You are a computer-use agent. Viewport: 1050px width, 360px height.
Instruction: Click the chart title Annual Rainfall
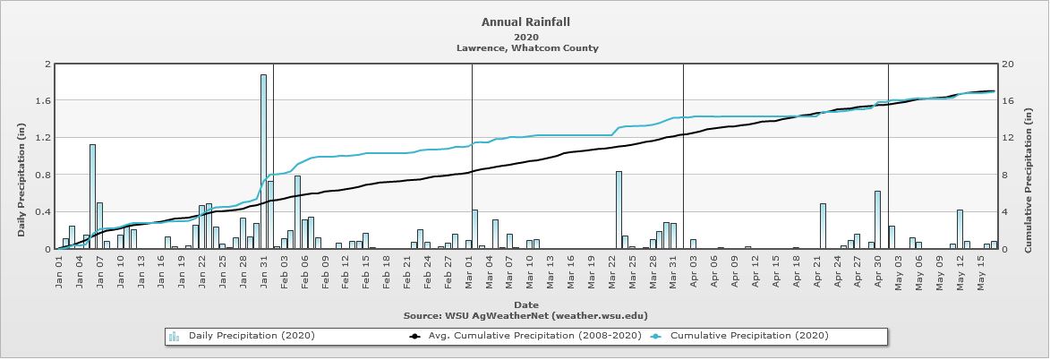click(525, 21)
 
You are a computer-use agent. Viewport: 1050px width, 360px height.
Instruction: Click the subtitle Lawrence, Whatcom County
click(525, 48)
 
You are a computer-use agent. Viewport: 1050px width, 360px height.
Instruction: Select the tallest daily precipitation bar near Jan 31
click(263, 161)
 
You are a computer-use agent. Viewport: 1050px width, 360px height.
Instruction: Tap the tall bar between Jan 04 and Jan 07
click(92, 196)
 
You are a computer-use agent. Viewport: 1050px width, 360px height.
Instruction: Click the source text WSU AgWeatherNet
click(525, 315)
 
